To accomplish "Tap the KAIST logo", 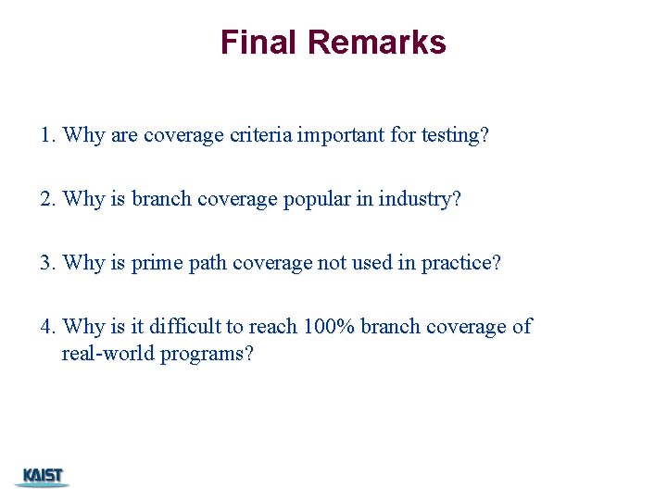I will [x=42, y=477].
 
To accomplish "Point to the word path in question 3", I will [x=208, y=263].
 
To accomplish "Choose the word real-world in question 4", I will [x=108, y=355].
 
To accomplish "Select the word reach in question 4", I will [x=273, y=327].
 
